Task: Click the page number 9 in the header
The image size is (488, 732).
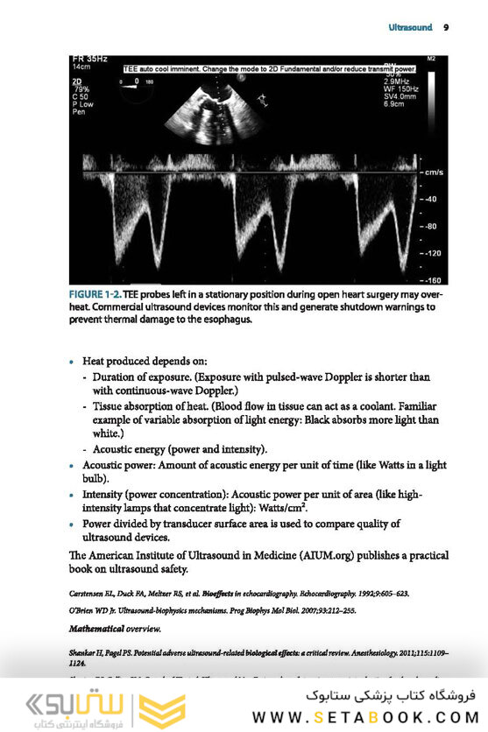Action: click(446, 28)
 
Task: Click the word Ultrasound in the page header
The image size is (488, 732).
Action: click(411, 28)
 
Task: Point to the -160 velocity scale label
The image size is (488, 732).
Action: click(432, 279)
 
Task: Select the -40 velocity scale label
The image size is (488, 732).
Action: click(429, 199)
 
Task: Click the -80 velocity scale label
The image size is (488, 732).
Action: click(429, 226)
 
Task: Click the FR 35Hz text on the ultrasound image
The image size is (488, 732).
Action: click(89, 59)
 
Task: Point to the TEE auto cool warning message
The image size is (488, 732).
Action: click(269, 67)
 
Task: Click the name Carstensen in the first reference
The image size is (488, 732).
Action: click(89, 593)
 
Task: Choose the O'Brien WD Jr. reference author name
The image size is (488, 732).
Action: click(95, 609)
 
